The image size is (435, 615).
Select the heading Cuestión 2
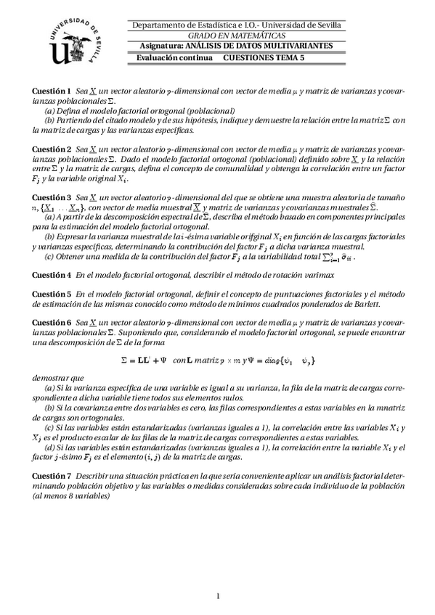tap(52, 147)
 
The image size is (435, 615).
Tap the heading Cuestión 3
tap(52, 197)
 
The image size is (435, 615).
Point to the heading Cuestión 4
tap(52, 275)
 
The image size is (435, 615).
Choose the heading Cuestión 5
tap(52, 294)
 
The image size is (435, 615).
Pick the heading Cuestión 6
tap(52, 321)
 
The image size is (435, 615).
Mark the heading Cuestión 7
tap(52, 474)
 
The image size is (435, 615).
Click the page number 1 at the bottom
tap(218, 596)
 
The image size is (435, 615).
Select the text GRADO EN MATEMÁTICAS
tap(237, 36)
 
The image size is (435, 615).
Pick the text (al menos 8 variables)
tap(71, 496)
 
